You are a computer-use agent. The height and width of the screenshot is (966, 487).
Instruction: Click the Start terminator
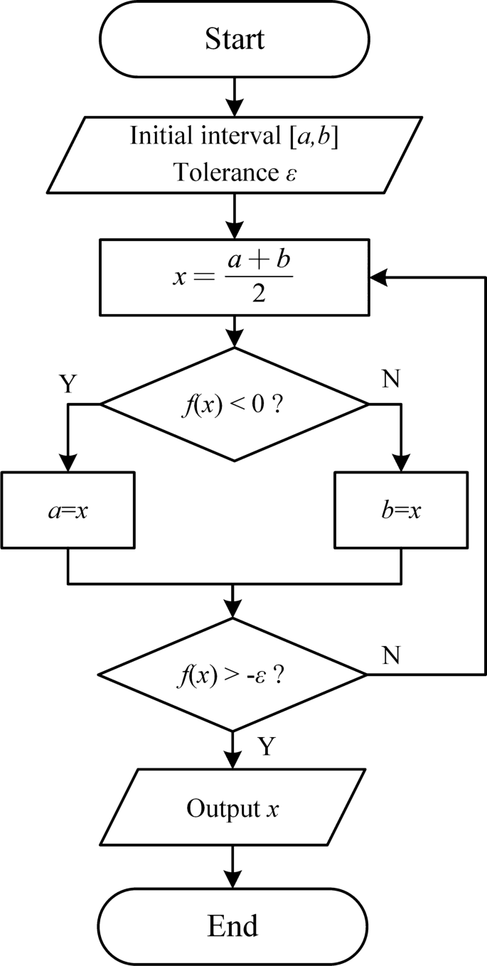coord(234,38)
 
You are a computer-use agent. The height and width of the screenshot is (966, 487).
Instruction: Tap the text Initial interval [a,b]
coord(233,136)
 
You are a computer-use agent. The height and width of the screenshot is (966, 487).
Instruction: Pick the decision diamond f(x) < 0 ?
coord(234,404)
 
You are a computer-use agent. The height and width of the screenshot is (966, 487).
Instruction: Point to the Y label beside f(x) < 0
coord(68,384)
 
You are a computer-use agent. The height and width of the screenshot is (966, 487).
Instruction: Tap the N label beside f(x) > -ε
coord(390,655)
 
